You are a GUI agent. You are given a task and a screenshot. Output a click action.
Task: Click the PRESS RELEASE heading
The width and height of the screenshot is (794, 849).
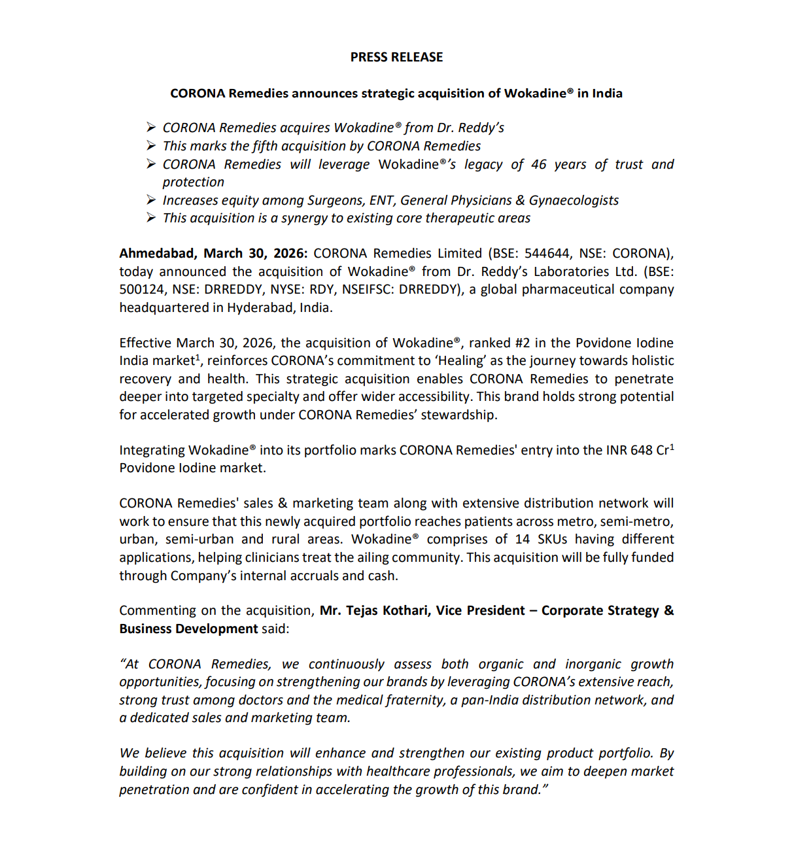(396, 58)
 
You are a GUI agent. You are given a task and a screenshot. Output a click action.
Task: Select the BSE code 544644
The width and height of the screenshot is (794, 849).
(546, 254)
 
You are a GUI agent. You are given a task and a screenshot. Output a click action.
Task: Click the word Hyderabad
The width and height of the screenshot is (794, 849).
(260, 308)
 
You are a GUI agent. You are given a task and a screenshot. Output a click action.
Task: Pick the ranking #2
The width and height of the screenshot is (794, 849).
(523, 343)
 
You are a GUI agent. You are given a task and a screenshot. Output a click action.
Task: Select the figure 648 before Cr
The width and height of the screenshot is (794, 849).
(642, 451)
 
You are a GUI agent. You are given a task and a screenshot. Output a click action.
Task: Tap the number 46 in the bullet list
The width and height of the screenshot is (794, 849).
(538, 165)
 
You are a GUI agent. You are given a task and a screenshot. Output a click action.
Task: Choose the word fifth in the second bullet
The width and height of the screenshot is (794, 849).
(266, 147)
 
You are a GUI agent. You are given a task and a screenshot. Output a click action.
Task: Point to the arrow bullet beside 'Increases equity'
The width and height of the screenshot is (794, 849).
(151, 200)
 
